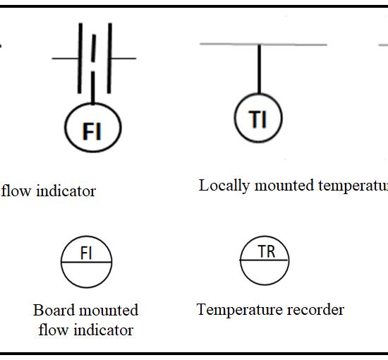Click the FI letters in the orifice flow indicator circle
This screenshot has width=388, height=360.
[92, 131]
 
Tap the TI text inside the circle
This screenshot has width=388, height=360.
[257, 119]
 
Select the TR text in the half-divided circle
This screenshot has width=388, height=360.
[266, 251]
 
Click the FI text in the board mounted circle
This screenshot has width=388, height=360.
[86, 253]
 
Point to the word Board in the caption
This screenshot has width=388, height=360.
[54, 310]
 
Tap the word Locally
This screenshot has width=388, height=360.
[224, 186]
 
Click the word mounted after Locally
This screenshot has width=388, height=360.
[284, 186]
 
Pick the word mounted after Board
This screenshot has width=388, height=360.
[109, 310]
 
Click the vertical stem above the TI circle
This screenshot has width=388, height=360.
[259, 69]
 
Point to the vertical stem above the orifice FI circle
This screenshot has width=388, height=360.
[93, 88]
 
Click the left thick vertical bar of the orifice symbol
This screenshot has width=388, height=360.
[80, 58]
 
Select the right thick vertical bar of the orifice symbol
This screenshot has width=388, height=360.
[109, 58]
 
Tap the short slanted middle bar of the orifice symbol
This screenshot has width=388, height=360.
[94, 48]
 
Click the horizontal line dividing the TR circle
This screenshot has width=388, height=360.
[265, 260]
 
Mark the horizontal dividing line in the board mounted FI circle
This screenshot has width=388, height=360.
[86, 262]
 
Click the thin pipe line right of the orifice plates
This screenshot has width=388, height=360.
[123, 59]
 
